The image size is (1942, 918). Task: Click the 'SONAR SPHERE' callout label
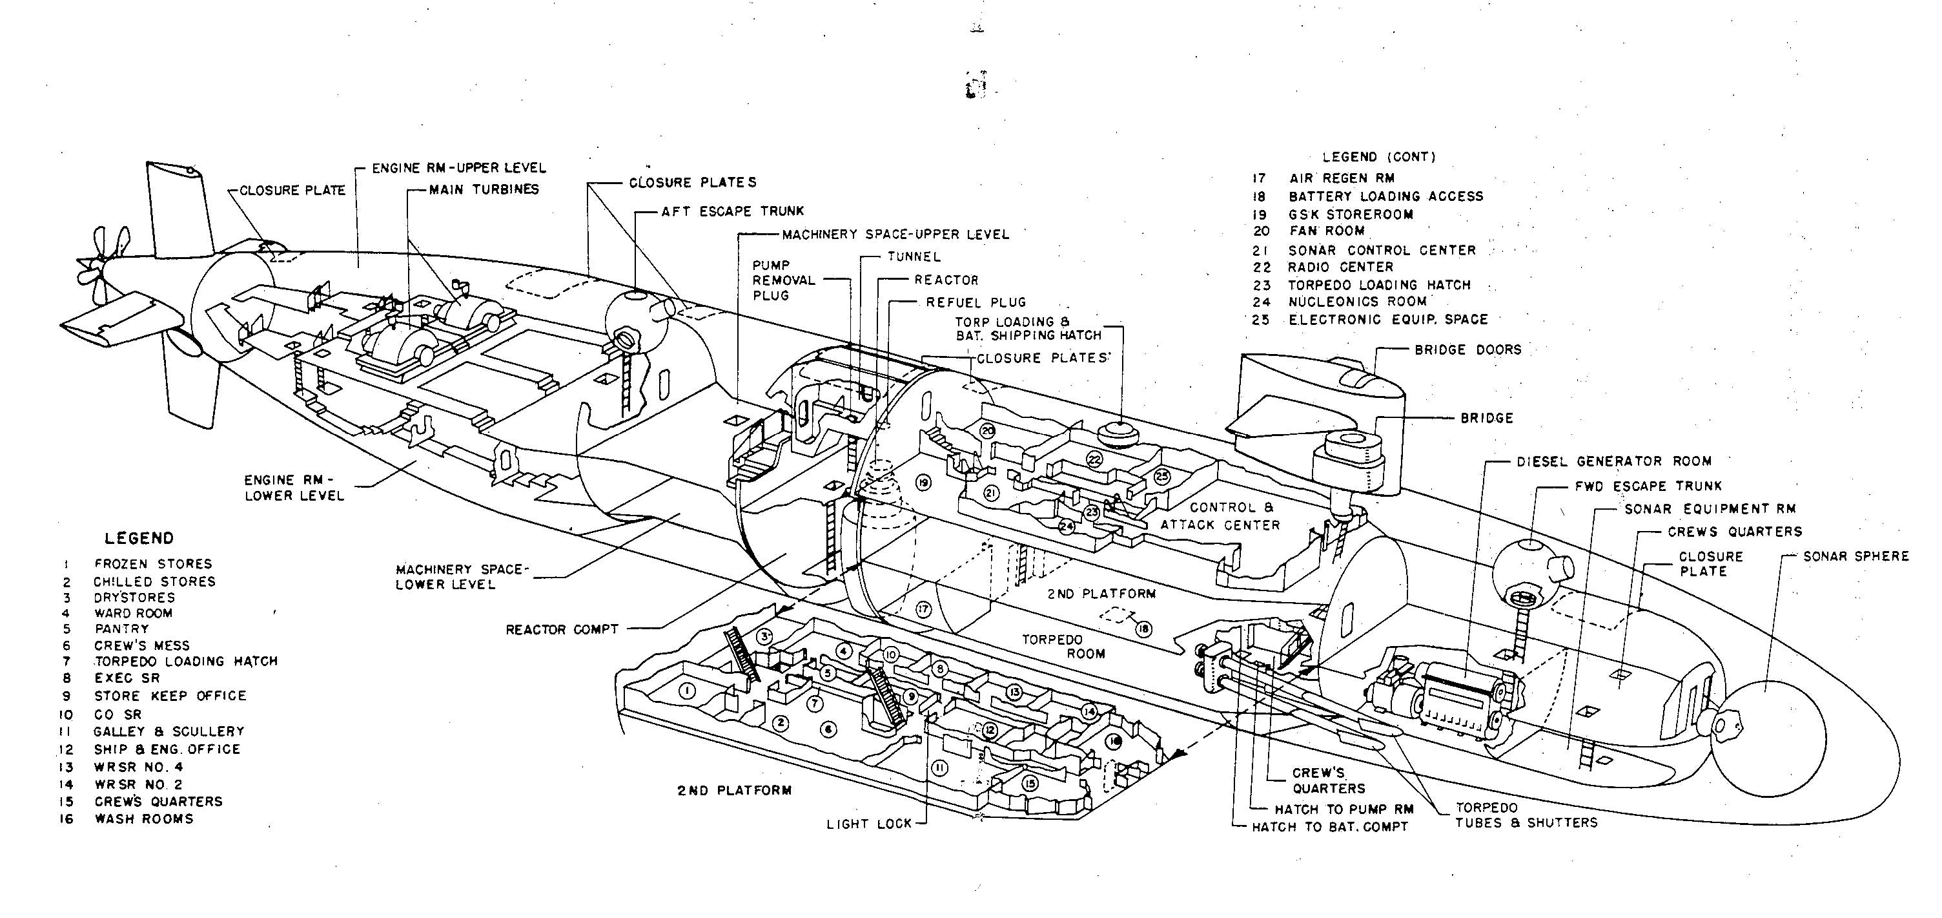click(1855, 557)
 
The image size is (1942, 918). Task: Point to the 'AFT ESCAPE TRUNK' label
click(733, 211)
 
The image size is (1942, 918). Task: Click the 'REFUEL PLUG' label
click(976, 302)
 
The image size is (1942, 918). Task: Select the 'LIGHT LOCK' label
click(869, 824)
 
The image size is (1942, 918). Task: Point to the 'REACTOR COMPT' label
click(562, 629)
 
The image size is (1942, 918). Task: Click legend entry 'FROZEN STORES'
click(153, 563)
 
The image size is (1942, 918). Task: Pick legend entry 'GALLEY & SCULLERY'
click(169, 731)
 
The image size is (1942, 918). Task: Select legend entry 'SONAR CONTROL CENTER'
click(1382, 249)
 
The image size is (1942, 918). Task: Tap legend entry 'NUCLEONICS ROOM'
click(1358, 302)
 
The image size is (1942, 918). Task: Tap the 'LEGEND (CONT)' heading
click(1379, 157)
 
